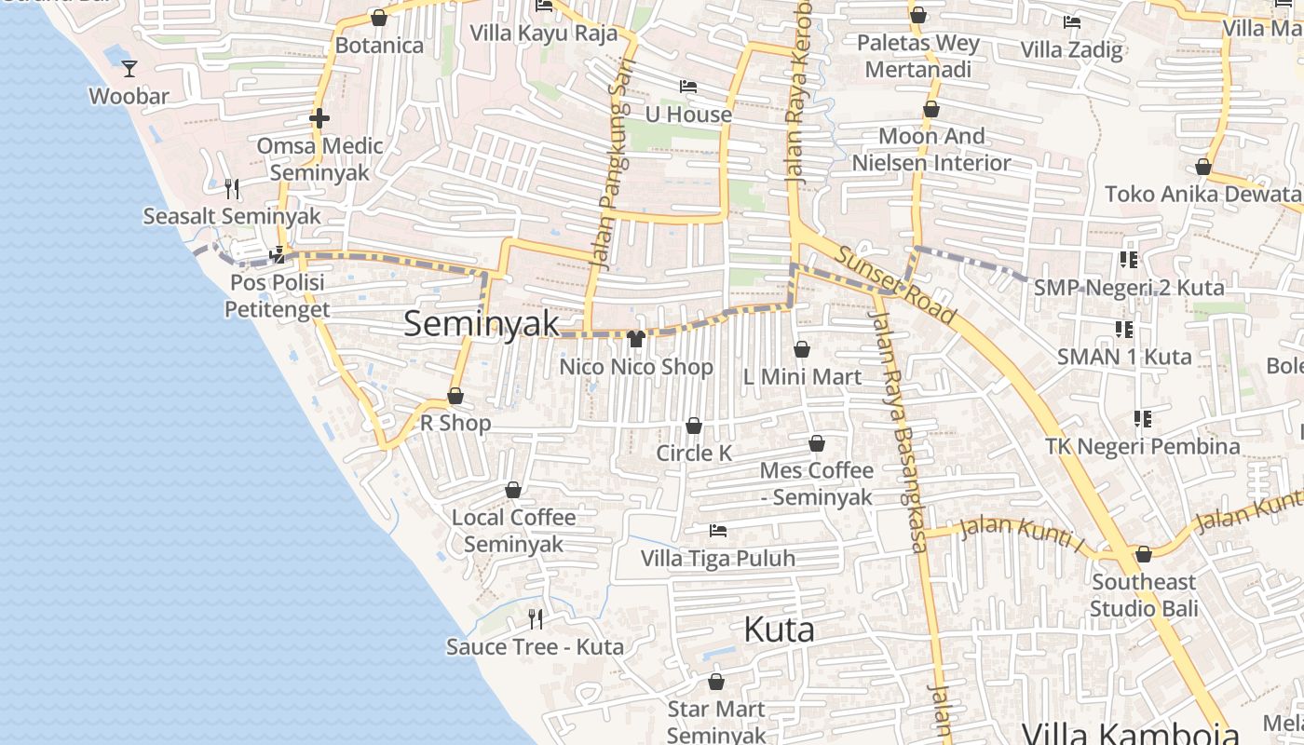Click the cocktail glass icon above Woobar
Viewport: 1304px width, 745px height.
click(129, 68)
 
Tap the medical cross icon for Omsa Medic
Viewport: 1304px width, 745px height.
click(319, 118)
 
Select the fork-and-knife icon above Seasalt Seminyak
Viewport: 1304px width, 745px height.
click(232, 189)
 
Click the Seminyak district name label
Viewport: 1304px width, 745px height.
click(482, 324)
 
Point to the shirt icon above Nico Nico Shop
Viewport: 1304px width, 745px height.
click(637, 339)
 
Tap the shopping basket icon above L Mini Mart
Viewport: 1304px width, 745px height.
click(802, 349)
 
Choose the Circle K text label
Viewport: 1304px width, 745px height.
click(694, 454)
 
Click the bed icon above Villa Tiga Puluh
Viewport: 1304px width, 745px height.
click(718, 531)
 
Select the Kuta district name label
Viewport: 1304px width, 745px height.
click(779, 630)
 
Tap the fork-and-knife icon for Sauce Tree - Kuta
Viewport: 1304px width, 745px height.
click(536, 618)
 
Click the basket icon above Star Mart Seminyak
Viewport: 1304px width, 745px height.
click(716, 682)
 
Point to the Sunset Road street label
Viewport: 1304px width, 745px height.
click(895, 285)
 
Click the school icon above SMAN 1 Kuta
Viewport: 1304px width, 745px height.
click(1124, 329)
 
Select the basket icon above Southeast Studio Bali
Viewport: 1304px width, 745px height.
click(1144, 554)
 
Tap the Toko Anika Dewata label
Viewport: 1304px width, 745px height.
click(1202, 195)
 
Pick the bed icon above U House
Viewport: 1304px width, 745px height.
click(688, 87)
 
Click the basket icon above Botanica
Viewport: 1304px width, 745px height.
click(379, 17)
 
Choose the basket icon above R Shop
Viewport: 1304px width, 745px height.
click(455, 396)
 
